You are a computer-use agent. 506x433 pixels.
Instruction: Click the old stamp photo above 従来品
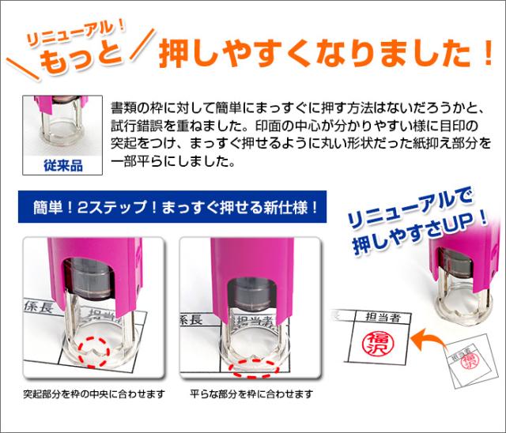63,126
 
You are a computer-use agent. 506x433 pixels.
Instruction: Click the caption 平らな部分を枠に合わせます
251,393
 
